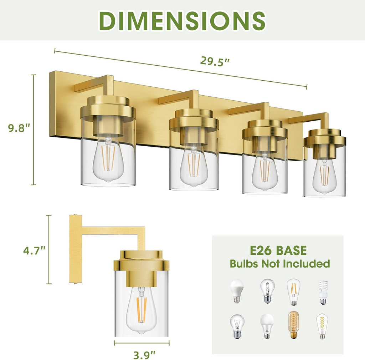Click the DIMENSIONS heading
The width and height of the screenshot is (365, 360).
point(182,20)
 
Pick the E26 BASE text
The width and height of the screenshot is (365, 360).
point(278,250)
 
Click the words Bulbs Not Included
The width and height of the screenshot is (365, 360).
point(279,264)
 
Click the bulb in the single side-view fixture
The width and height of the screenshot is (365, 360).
point(142,311)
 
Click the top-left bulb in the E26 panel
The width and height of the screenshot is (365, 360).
point(236,291)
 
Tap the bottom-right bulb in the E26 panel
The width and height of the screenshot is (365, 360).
point(322,326)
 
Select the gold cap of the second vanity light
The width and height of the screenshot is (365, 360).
point(194,120)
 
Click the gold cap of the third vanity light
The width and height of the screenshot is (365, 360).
point(264,130)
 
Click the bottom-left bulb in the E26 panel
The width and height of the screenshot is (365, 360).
point(237,326)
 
